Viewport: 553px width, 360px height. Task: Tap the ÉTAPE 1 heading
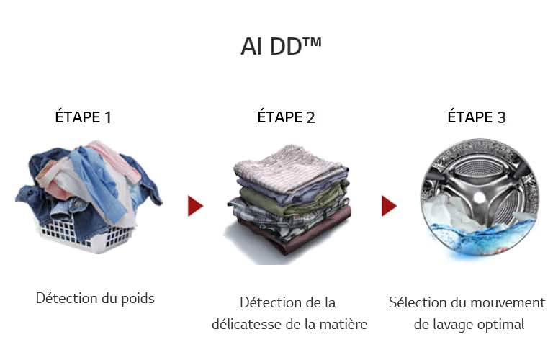pos(84,117)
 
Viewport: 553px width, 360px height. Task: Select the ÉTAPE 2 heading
pos(286,117)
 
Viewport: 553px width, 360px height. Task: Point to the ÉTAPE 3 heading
pos(477,117)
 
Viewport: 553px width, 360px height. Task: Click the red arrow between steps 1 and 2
pos(195,206)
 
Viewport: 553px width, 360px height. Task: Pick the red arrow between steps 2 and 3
pos(389,206)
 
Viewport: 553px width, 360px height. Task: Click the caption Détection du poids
pos(95,297)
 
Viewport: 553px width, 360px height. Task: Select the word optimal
pos(500,325)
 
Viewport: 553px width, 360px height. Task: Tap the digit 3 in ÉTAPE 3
pos(501,117)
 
